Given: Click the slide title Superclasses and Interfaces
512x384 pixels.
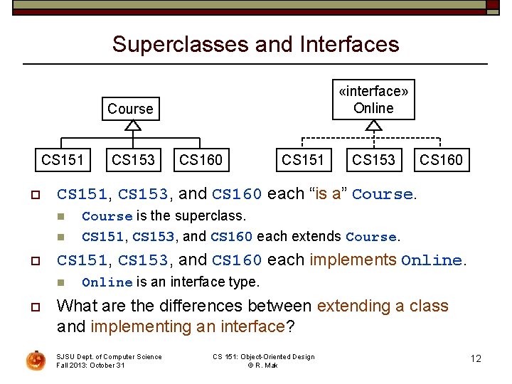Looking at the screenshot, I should pos(255,44).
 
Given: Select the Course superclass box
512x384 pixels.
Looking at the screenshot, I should pos(130,109).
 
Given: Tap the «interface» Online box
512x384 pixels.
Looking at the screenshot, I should pos(373,100).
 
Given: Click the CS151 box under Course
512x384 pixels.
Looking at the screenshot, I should pos(62,159).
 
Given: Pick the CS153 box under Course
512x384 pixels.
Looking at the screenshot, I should pos(132,159).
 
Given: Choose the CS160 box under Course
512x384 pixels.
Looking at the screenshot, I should pos(201,159).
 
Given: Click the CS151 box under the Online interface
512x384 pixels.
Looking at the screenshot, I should pos(303,159).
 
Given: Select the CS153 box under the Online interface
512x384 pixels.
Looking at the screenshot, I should pos(373,159).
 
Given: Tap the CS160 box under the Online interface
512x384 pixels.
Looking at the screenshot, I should pos(441,159).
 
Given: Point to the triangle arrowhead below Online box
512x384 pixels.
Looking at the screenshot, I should pos(373,126).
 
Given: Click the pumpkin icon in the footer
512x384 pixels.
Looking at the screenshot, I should pos(36,361).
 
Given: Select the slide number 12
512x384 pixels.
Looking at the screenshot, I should pos(476,358).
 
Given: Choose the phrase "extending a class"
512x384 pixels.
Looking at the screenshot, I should pos(383,306).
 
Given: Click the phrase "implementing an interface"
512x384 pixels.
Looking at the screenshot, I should pos(187,326).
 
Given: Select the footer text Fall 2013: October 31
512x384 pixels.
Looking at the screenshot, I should pos(90,365).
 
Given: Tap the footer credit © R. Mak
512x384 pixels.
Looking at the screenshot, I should pos(263,365).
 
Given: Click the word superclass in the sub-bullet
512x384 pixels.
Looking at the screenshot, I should pos(210,215).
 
